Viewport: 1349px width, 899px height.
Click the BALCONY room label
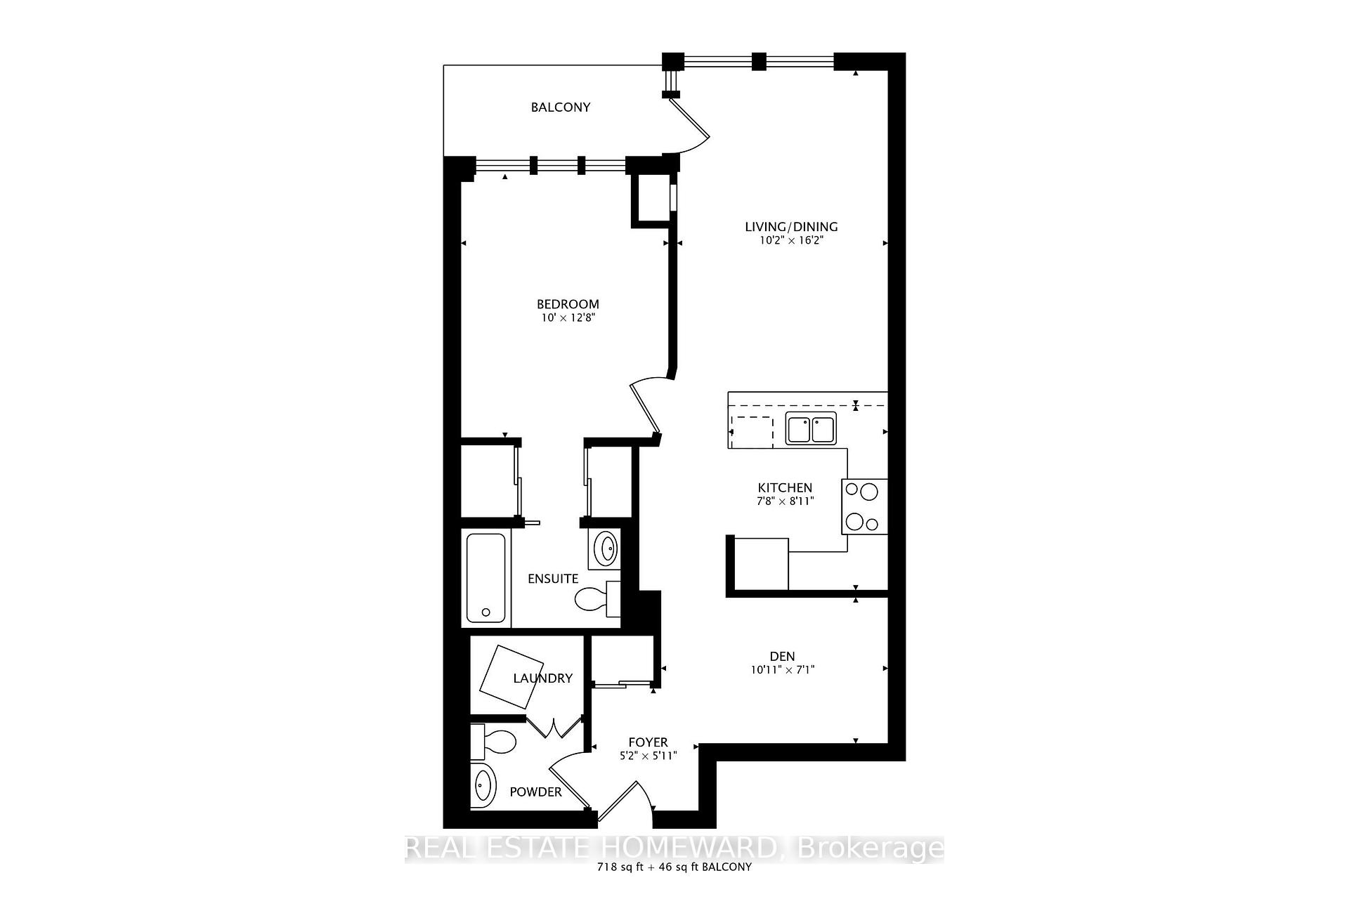coord(560,107)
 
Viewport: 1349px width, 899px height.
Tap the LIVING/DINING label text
coord(791,227)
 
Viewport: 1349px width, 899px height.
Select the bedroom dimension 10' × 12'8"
coord(568,317)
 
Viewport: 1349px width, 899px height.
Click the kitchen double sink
coord(811,429)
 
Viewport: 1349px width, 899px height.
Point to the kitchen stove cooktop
coord(864,506)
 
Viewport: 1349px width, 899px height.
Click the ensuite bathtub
coord(486,578)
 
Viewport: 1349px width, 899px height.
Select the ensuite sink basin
coord(606,547)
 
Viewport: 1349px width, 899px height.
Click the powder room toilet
coord(495,740)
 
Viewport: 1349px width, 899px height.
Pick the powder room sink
coord(483,786)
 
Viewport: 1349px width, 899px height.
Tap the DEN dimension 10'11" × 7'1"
coord(782,670)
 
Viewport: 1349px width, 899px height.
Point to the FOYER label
coord(648,742)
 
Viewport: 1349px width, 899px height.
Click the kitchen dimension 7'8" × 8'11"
coord(785,501)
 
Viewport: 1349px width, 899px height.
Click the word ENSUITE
coord(553,579)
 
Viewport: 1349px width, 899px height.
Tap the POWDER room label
coord(535,792)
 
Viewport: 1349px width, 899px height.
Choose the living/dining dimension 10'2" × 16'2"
coord(791,240)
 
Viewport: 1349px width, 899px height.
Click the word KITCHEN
coord(785,487)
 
